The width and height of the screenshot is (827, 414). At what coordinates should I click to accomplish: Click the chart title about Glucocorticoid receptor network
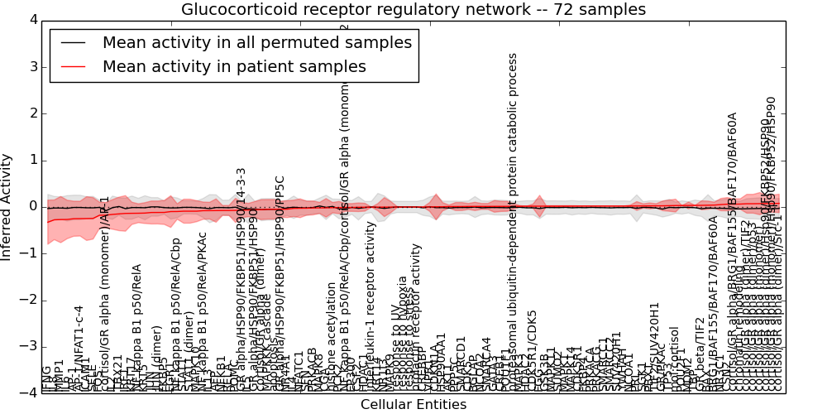(x=413, y=10)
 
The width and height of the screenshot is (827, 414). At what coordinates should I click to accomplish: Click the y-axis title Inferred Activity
(x=7, y=206)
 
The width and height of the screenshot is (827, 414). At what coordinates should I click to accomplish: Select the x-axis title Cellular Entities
(x=413, y=405)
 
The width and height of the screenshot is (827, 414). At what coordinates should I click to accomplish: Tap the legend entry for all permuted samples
(x=256, y=43)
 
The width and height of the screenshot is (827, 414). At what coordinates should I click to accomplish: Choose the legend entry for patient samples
(x=234, y=67)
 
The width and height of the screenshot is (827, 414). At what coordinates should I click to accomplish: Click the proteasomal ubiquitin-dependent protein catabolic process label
(x=513, y=224)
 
